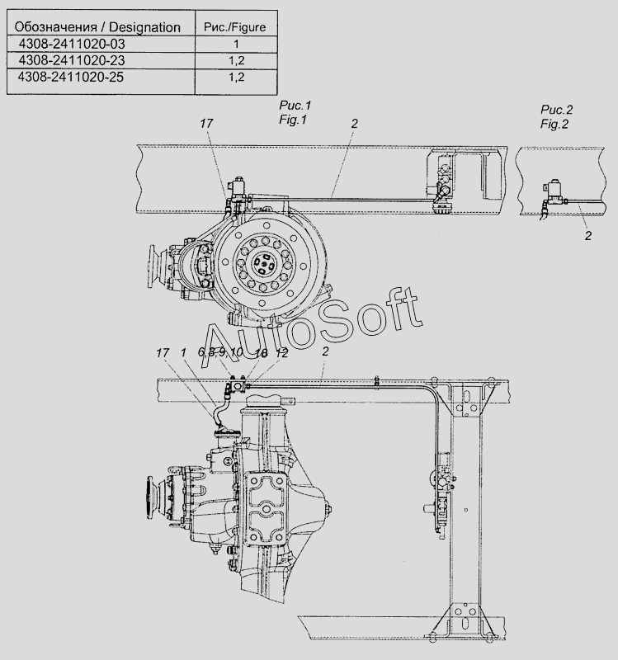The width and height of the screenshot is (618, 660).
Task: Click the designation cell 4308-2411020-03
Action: point(72,44)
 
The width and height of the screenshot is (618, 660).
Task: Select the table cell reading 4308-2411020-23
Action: point(72,60)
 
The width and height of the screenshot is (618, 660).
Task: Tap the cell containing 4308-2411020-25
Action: point(71,77)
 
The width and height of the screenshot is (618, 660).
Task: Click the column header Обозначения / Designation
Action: point(97,27)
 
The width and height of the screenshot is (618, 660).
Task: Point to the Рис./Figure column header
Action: point(235,27)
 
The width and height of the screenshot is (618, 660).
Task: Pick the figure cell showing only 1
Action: point(236,44)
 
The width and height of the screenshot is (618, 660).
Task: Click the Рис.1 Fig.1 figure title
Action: point(295,112)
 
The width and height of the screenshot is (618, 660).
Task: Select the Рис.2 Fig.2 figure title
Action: point(556,117)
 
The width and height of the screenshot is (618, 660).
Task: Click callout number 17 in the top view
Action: point(206,123)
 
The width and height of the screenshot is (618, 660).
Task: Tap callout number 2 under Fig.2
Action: point(588,236)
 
